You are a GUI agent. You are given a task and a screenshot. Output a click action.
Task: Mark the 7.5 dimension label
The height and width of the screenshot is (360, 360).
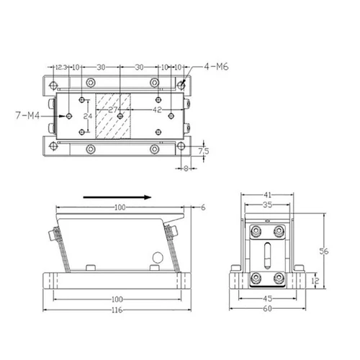tap(203, 151)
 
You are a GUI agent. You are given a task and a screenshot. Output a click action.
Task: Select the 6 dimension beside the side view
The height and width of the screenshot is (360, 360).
tap(203, 207)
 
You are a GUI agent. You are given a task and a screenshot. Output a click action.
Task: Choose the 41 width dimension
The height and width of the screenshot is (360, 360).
tap(267, 195)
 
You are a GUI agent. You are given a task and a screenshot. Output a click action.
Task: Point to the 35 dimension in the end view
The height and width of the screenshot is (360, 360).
tap(267, 205)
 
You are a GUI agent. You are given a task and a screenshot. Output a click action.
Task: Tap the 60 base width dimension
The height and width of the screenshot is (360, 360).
tap(267, 310)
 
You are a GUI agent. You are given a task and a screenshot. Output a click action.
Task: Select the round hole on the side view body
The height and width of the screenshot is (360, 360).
tap(157, 258)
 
